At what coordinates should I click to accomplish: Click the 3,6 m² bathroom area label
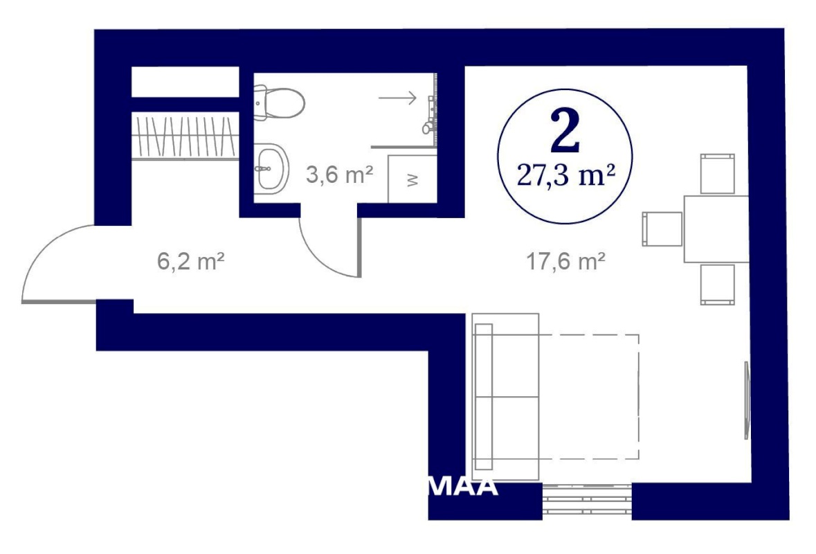[x=339, y=175]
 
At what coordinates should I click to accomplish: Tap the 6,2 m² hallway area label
[x=190, y=261]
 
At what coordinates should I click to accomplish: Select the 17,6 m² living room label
[x=565, y=261]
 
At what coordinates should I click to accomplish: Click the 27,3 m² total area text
[x=565, y=176]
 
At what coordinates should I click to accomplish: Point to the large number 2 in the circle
[x=565, y=130]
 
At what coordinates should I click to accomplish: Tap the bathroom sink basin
[x=271, y=169]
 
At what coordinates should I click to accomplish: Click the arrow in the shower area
[x=397, y=98]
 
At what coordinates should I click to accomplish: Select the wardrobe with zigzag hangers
[x=185, y=137]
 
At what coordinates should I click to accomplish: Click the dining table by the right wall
[x=716, y=229]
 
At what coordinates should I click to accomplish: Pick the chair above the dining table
[x=718, y=174]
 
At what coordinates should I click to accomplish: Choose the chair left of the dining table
[x=662, y=229]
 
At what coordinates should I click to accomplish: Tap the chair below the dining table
[x=718, y=285]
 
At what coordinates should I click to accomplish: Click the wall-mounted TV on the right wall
[x=747, y=400]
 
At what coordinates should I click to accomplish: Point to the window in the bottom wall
[x=587, y=501]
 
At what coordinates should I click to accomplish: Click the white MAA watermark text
[x=463, y=487]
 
